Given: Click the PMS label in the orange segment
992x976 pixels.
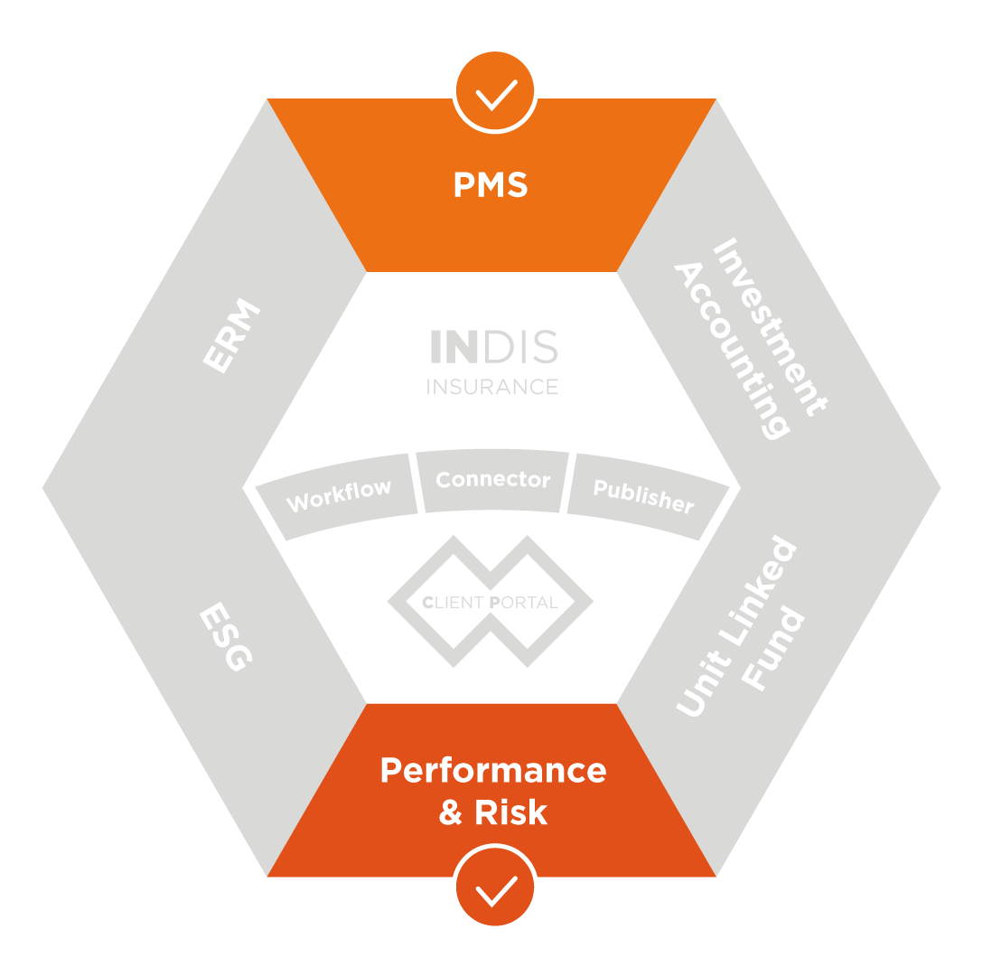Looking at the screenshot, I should point(491,184).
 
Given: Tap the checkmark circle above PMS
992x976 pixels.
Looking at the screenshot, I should point(495,90).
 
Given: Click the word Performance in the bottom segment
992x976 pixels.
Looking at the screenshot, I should point(492,770).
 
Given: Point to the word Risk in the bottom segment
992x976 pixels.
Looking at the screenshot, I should point(511,812).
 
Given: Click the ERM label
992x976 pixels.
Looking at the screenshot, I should point(231,337).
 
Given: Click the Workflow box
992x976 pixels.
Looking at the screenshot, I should point(339,494).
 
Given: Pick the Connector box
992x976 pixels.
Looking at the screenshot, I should point(492,479).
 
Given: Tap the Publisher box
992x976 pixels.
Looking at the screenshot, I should point(643,494).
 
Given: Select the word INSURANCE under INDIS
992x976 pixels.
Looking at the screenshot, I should point(492,386).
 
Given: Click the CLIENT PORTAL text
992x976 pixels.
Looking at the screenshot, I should point(491,602).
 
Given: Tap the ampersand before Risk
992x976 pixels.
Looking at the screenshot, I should point(451,812).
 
